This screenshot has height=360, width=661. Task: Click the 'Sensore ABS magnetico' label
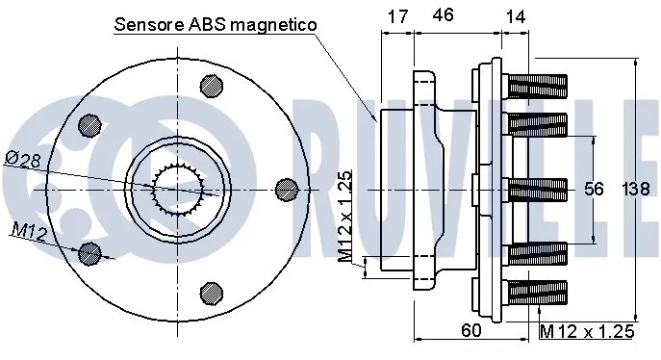click(215, 25)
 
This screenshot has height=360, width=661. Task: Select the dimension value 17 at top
click(397, 16)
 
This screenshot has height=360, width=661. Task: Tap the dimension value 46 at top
click(443, 14)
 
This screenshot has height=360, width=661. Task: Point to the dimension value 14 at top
click(516, 16)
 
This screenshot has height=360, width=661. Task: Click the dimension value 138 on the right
click(636, 189)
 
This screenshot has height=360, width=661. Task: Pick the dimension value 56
click(594, 189)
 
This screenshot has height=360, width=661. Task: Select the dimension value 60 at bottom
click(470, 330)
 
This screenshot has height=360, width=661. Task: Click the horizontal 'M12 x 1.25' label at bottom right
click(587, 331)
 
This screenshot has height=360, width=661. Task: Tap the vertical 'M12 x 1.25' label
click(345, 217)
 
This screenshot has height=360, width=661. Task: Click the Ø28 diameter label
click(24, 160)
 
